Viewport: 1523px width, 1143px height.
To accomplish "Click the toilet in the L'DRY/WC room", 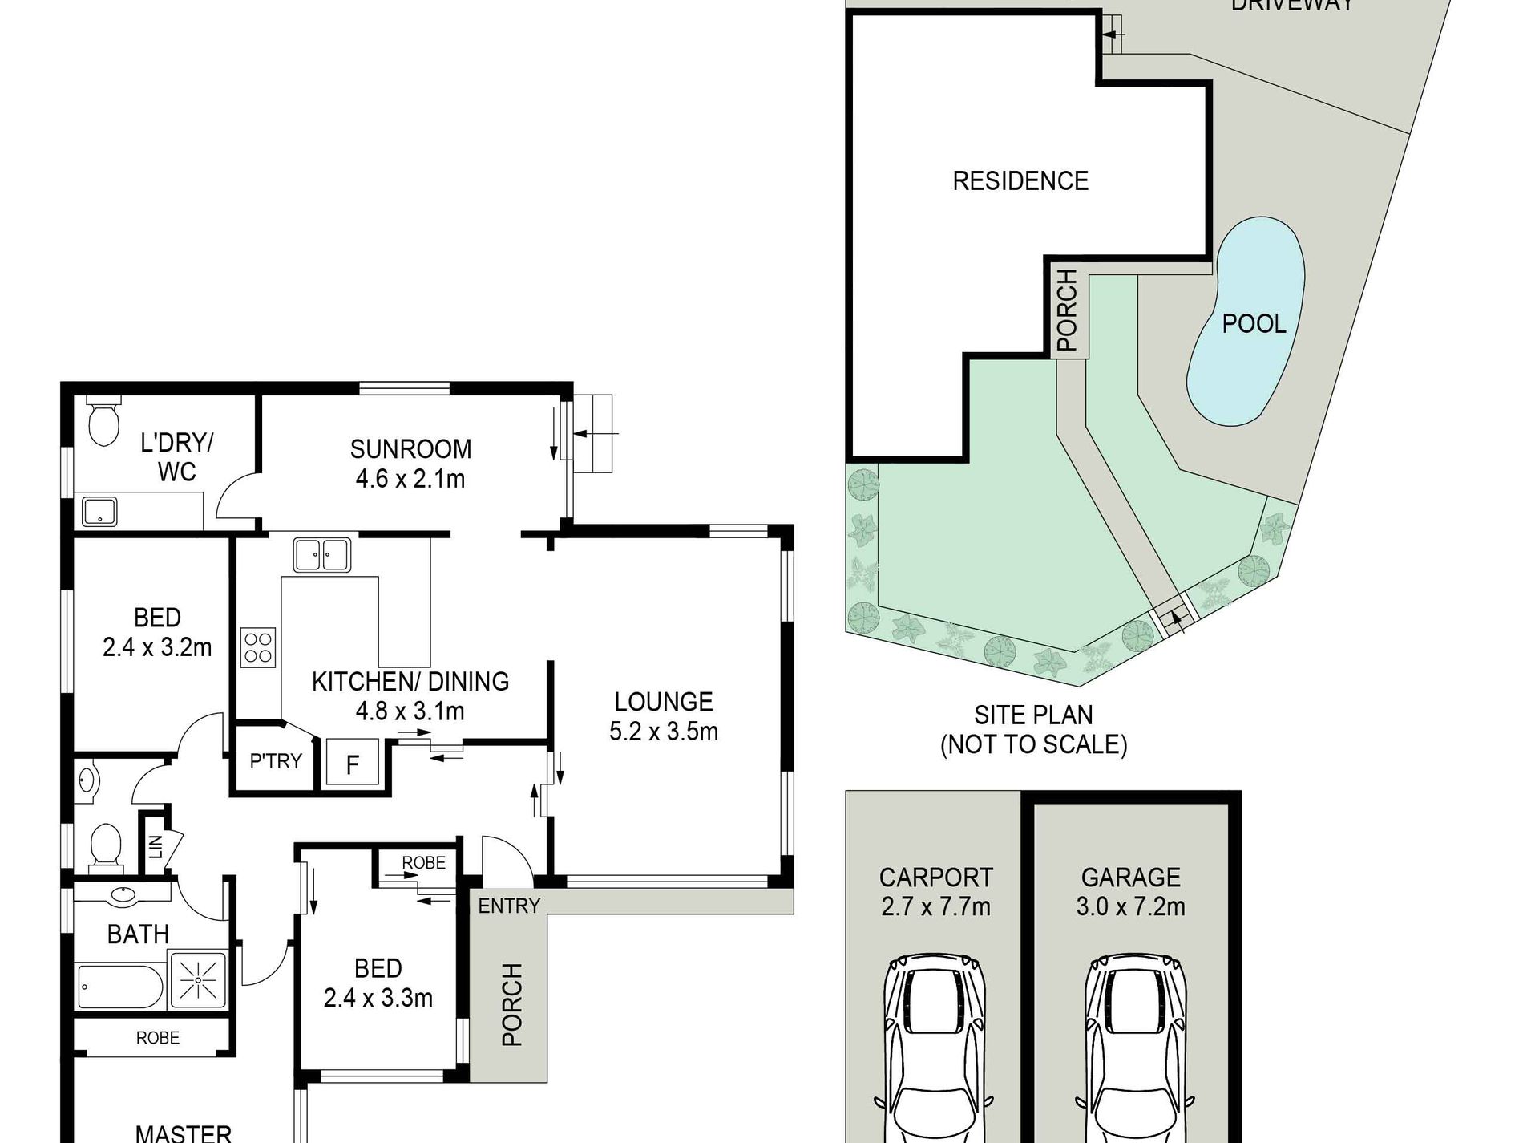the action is pos(104,420).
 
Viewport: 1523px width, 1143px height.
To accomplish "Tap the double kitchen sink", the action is pos(322,554).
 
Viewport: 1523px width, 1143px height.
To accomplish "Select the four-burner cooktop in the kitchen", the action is pos(258,648).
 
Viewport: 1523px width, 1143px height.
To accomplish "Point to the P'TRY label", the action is pos(276,760).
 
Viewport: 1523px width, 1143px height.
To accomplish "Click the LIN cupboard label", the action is pos(156,845).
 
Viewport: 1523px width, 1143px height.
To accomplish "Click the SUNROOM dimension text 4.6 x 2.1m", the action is pos(410,479).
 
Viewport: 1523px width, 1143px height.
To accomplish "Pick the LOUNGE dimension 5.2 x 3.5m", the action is pos(664,732).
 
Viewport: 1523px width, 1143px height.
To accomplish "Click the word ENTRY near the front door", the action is pos(509,906).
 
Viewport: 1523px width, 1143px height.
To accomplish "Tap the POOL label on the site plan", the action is pos(1254,324).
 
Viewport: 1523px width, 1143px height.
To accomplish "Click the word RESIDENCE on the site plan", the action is pos(1020,180).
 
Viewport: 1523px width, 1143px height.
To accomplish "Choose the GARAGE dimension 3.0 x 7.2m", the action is pos(1131,906).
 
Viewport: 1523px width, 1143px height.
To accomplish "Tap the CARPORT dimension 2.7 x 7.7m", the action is pos(936,906).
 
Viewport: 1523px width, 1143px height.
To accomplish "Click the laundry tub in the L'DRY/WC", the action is pos(99,512).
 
